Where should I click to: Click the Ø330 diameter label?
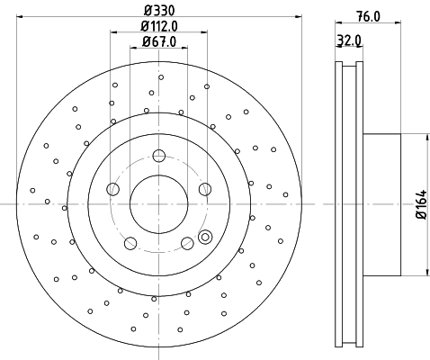click(158, 10)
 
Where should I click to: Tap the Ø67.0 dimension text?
click(158, 42)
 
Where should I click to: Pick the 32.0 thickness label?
click(350, 40)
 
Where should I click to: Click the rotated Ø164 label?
click(419, 205)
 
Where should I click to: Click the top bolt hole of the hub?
click(158, 154)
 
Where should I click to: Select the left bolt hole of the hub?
click(112, 189)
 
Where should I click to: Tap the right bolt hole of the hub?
click(204, 189)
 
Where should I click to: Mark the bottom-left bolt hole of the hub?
click(130, 242)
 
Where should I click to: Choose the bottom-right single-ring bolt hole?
click(187, 242)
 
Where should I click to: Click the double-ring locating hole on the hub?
click(204, 238)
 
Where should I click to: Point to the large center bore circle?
click(158, 203)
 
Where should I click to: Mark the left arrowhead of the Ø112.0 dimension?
click(113, 34)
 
